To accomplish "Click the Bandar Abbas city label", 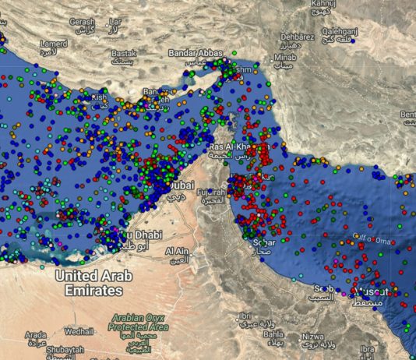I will pyautogui.click(x=194, y=53).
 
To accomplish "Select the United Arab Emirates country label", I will pyautogui.click(x=93, y=283).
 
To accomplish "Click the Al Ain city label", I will pyautogui.click(x=179, y=251).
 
